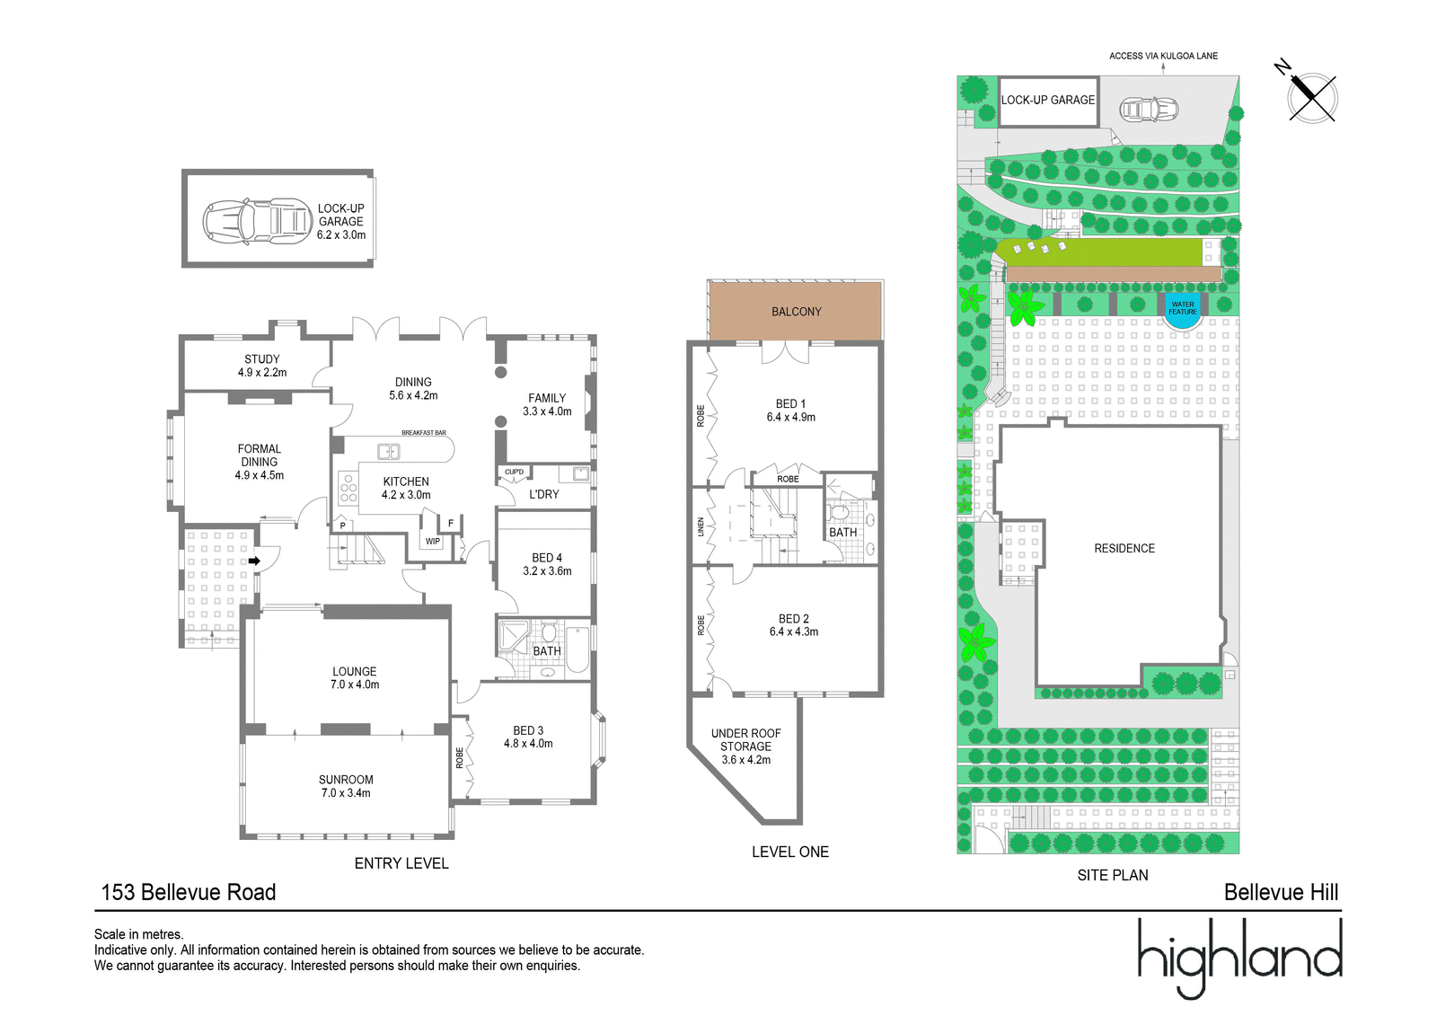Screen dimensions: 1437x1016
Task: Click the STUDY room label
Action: click(x=261, y=358)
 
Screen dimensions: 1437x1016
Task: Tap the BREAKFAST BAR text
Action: click(x=424, y=433)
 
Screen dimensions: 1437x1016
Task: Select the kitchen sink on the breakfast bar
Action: click(x=388, y=452)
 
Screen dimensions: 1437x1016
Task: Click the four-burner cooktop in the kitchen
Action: click(x=348, y=488)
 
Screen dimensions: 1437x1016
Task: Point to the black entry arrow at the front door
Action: click(x=255, y=561)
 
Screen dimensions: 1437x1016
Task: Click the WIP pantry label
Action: click(x=433, y=541)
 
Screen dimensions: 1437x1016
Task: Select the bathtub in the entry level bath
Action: click(x=578, y=649)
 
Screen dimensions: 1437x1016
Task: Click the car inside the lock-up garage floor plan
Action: click(x=258, y=221)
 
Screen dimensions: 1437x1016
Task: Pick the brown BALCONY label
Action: click(x=796, y=312)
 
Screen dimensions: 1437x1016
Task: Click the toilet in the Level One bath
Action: click(x=839, y=512)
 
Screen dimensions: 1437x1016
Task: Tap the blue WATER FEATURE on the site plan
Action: click(x=1182, y=312)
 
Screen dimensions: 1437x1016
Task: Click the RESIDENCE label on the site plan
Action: click(x=1124, y=548)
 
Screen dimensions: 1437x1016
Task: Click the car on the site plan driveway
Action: click(x=1149, y=109)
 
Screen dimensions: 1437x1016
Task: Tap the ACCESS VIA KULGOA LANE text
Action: click(x=1163, y=56)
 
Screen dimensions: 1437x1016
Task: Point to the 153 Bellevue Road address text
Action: click(x=189, y=892)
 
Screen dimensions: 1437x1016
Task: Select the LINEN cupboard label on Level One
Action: click(x=701, y=527)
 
